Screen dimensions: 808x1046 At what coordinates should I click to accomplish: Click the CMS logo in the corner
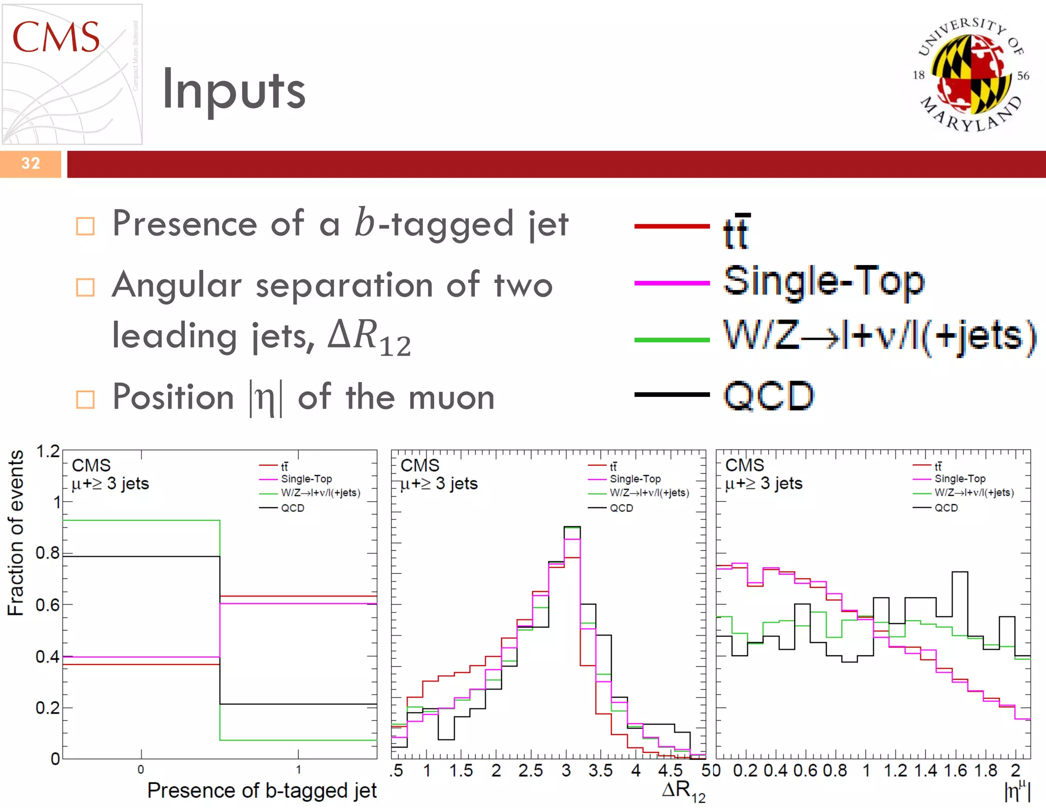(x=72, y=74)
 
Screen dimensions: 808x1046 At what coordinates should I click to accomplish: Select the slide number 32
(x=31, y=163)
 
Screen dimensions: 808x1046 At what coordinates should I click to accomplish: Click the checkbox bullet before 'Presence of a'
(x=85, y=226)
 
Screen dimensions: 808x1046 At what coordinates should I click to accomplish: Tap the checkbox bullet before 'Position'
(x=85, y=399)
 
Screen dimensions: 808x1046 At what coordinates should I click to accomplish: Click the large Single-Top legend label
(x=824, y=281)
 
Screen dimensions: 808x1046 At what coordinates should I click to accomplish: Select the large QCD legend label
(x=769, y=396)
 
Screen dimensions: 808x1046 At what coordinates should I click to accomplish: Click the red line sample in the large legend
(x=672, y=226)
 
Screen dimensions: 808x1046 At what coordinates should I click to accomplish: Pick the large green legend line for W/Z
(x=672, y=340)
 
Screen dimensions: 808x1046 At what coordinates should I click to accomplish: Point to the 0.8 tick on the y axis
(x=47, y=553)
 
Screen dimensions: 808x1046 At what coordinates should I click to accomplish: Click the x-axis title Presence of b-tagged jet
(x=262, y=791)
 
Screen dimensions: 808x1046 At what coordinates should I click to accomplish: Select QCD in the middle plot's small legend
(x=621, y=508)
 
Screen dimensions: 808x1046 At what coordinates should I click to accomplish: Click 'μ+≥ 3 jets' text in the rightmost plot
(x=764, y=483)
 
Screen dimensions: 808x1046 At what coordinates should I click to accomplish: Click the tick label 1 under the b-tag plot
(x=298, y=770)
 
